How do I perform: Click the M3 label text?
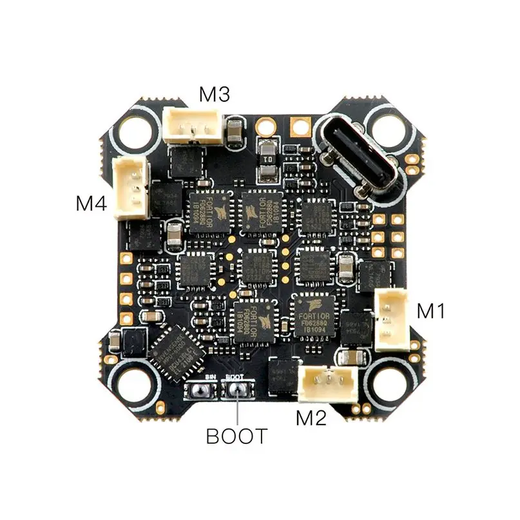tap(215, 94)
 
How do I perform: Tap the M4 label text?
tap(90, 204)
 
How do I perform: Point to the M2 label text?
tap(311, 418)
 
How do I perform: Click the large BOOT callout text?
tap(236, 436)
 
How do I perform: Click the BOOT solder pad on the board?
tap(236, 388)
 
